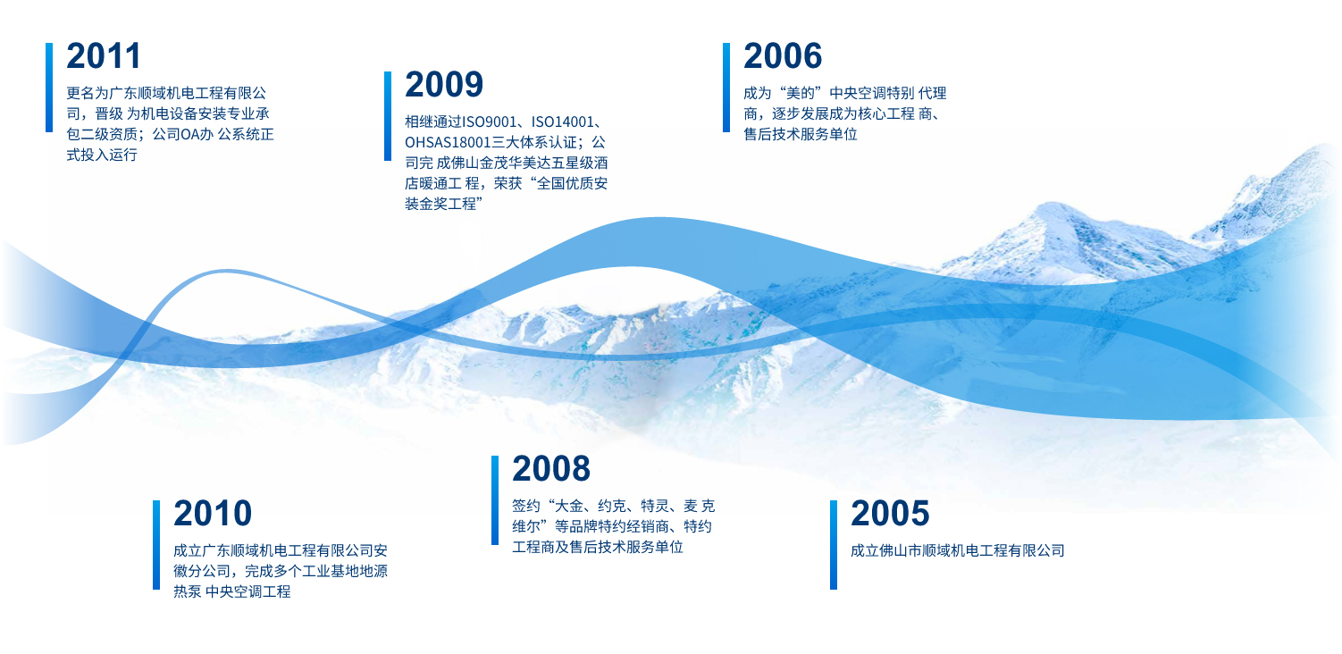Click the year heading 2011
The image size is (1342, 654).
tap(104, 56)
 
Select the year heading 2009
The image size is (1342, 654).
tap(444, 85)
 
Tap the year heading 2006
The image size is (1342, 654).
tap(783, 56)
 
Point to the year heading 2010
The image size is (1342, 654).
tap(213, 513)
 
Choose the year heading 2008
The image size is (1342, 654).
tap(551, 468)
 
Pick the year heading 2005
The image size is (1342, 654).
tap(890, 513)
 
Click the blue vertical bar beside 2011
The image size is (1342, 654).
tap(49, 88)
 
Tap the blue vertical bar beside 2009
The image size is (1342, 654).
tap(388, 116)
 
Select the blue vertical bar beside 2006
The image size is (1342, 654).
tap(726, 88)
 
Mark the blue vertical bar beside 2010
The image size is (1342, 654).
tap(156, 545)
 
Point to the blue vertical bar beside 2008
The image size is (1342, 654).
tap(495, 500)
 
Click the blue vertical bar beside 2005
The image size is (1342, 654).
tap(834, 545)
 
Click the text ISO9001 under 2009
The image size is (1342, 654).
tap(490, 122)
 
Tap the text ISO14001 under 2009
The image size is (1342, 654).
tap(563, 122)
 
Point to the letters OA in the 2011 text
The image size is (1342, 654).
tap(190, 134)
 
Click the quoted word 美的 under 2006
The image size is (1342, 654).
tap(801, 94)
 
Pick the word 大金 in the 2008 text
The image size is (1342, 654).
tap(569, 506)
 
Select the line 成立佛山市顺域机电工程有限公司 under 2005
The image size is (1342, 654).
tap(958, 551)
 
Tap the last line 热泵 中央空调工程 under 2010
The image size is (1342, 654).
tap(231, 591)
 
